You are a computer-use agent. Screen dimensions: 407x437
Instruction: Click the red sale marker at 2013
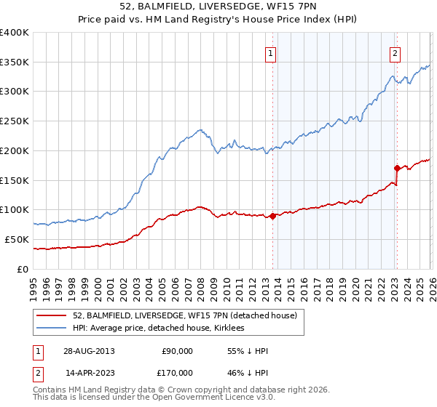[x=272, y=215]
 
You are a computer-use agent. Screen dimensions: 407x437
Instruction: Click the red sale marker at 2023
[x=397, y=168]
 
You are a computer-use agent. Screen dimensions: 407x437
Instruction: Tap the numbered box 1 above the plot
[x=270, y=52]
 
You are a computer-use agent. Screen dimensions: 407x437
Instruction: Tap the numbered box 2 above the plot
[x=395, y=52]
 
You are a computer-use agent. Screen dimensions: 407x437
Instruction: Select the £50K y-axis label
[x=17, y=239]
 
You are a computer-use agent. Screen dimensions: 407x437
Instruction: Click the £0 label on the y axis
[x=23, y=269]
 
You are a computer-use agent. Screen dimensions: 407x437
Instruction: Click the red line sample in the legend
[x=52, y=315]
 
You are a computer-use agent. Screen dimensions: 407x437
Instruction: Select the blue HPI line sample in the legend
[x=52, y=329]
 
